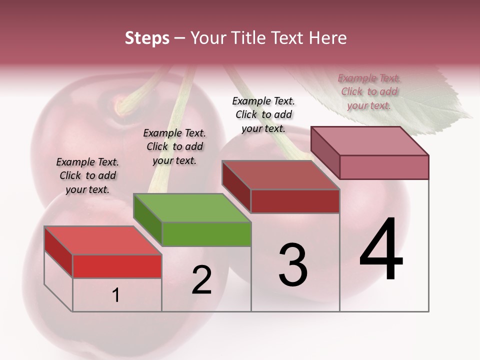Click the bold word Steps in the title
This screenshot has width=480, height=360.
click(x=147, y=38)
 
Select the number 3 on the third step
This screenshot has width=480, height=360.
click(x=293, y=265)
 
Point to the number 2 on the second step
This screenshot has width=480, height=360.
click(x=202, y=280)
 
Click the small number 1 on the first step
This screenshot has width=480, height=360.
click(x=116, y=295)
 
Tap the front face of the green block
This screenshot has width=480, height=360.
click(x=206, y=234)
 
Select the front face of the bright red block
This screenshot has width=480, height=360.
click(x=117, y=266)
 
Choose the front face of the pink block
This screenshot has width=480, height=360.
click(x=384, y=167)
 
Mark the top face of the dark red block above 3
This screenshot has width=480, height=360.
click(x=280, y=175)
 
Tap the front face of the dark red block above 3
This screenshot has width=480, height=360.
click(x=295, y=201)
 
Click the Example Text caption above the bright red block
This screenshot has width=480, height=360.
click(x=87, y=175)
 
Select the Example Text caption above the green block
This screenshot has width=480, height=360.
click(x=174, y=146)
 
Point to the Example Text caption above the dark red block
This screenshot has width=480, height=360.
click(x=263, y=114)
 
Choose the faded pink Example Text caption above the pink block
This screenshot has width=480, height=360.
click(x=369, y=91)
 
